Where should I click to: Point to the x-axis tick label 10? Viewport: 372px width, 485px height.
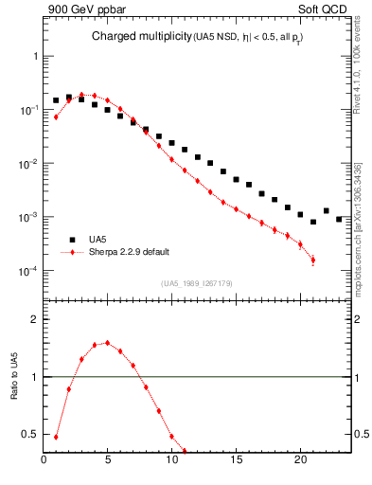[x=172, y=463]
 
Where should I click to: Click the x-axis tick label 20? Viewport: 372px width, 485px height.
[x=300, y=463]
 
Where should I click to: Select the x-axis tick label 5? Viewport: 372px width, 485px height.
[x=108, y=463]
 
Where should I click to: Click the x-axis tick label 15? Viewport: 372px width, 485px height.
[x=236, y=463]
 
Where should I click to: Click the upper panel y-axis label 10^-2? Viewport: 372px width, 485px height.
[x=28, y=164]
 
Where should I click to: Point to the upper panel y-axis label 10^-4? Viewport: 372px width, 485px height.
[x=28, y=271]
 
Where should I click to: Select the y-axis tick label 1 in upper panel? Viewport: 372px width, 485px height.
[x=35, y=56]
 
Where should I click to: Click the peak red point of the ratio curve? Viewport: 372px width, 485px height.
[x=107, y=343]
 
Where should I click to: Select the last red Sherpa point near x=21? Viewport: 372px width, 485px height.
[x=312, y=260]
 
